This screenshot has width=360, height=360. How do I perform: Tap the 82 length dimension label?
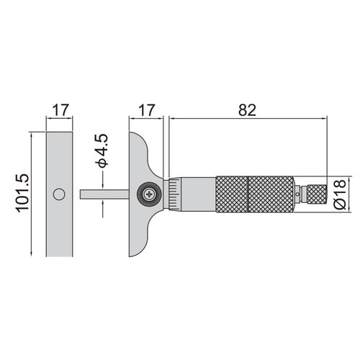tap(247, 110)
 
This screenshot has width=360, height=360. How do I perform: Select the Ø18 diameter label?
tap(340, 194)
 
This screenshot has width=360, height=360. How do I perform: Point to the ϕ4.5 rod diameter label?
tap(102, 150)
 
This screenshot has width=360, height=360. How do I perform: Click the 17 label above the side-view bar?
tap(60, 110)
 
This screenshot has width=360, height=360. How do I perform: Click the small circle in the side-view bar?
tap(59, 194)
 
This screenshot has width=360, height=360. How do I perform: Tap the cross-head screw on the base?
tap(150, 194)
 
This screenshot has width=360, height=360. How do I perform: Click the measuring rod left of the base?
tap(104, 194)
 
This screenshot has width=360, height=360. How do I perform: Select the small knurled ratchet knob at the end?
tap(317, 194)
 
